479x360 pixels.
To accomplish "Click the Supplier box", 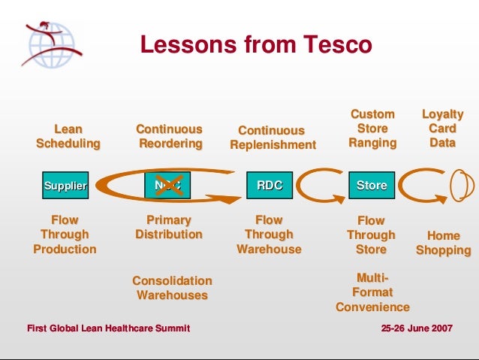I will pyautogui.click(x=65, y=185).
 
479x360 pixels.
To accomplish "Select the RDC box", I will pyautogui.click(x=270, y=185).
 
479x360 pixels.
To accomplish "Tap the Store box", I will pyautogui.click(x=371, y=185).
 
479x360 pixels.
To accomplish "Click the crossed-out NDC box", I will pyautogui.click(x=167, y=185).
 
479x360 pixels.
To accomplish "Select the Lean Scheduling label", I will pyautogui.click(x=68, y=136).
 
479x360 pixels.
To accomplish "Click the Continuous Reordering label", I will pyautogui.click(x=169, y=136).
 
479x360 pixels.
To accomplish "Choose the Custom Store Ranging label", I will pyautogui.click(x=372, y=128).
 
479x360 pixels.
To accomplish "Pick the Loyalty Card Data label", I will pyautogui.click(x=443, y=128).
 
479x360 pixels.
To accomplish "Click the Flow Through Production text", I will pyautogui.click(x=65, y=234).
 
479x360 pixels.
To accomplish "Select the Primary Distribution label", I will pyautogui.click(x=169, y=227).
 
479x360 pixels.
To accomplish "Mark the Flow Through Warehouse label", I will pyautogui.click(x=269, y=234).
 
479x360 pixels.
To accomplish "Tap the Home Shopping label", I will pyautogui.click(x=443, y=243).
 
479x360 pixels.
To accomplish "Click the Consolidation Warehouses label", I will pyautogui.click(x=172, y=288).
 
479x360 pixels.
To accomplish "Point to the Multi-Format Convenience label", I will pyautogui.click(x=372, y=292).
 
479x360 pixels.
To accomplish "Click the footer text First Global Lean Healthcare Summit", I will pyautogui.click(x=108, y=328).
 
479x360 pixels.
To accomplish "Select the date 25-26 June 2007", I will pyautogui.click(x=417, y=328).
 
